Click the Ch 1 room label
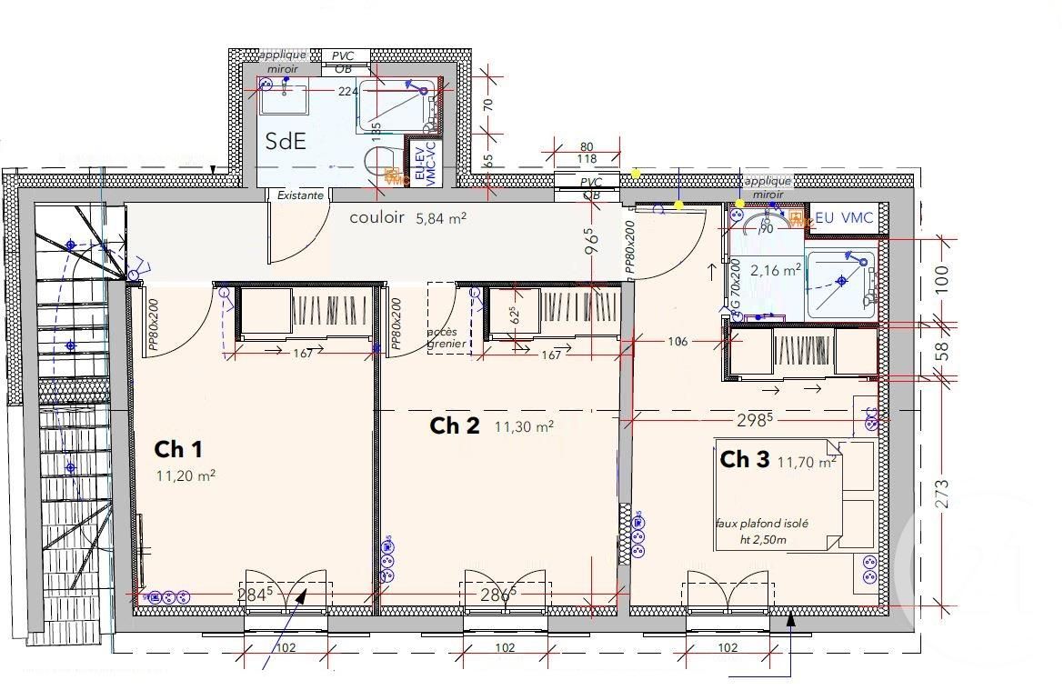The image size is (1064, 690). [178, 449]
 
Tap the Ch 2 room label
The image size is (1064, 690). [454, 425]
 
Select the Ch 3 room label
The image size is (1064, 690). [745, 460]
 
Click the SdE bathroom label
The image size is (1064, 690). [286, 141]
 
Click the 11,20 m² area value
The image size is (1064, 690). [186, 475]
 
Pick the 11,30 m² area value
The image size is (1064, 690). [524, 425]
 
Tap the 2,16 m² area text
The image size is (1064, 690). [776, 269]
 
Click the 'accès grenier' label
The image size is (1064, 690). [448, 337]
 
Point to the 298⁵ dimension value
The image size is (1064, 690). [757, 419]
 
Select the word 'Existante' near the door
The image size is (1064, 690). [300, 195]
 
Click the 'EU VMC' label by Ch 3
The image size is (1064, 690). [844, 217]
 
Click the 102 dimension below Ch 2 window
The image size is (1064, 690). [505, 648]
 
